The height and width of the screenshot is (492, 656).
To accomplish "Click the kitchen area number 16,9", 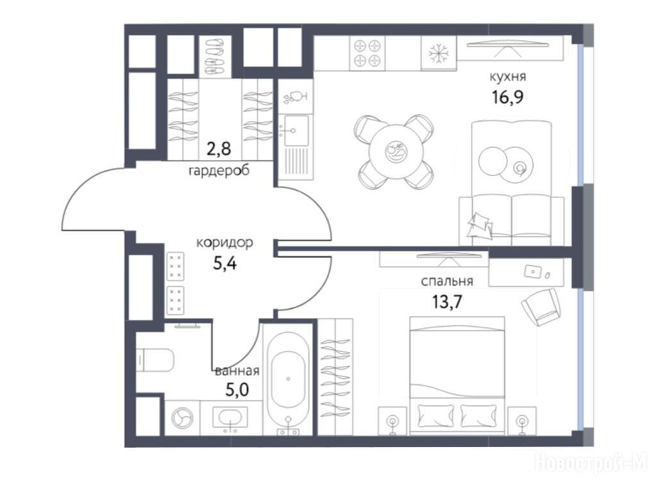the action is click(507, 98).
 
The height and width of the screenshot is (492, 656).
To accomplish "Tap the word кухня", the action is click(507, 77).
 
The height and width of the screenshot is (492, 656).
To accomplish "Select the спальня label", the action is click(447, 281).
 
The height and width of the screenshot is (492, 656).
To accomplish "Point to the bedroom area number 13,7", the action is click(447, 301).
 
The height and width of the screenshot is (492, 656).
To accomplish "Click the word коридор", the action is click(225, 243).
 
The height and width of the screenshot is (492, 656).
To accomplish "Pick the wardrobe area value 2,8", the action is click(219, 148).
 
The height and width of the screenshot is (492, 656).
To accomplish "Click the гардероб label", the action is click(219, 170).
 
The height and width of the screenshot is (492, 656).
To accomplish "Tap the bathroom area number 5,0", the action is click(237, 390).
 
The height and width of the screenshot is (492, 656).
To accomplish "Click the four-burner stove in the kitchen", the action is click(367, 53).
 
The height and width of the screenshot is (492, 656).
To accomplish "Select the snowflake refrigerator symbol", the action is click(438, 54).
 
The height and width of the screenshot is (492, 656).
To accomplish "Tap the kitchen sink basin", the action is click(296, 131).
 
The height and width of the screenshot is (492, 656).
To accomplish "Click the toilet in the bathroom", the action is click(155, 360).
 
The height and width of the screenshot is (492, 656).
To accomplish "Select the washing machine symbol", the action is click(183, 418).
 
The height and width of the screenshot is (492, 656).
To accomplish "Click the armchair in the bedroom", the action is click(541, 306).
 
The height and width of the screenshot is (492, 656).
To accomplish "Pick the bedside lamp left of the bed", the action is click(393, 420).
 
